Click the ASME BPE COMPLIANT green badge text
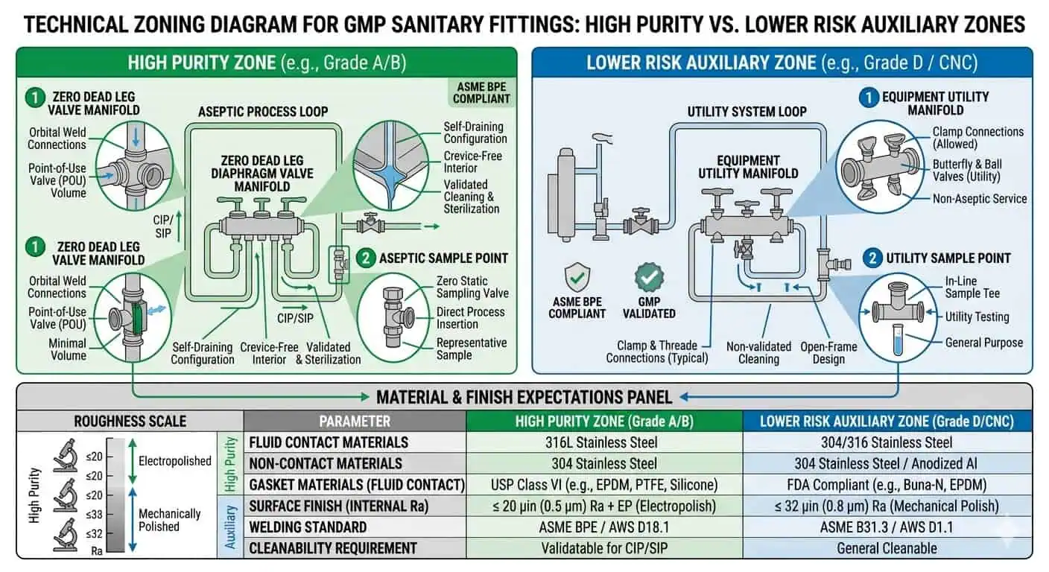point(482,92)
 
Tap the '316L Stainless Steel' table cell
point(604,442)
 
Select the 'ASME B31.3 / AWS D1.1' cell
point(887,527)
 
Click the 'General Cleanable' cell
point(887,548)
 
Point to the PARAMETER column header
point(355,421)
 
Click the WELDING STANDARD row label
point(308,527)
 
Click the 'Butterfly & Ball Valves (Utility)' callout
point(967,171)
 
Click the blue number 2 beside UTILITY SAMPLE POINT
point(872,258)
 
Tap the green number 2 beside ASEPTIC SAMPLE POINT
point(365,258)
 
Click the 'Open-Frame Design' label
point(828,352)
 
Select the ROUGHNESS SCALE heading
point(130,421)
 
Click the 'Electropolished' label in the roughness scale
point(175,461)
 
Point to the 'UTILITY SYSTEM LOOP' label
point(747,112)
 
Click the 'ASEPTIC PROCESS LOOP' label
point(262,112)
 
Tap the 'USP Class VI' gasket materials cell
point(604,485)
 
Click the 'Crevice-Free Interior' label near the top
point(473,162)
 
